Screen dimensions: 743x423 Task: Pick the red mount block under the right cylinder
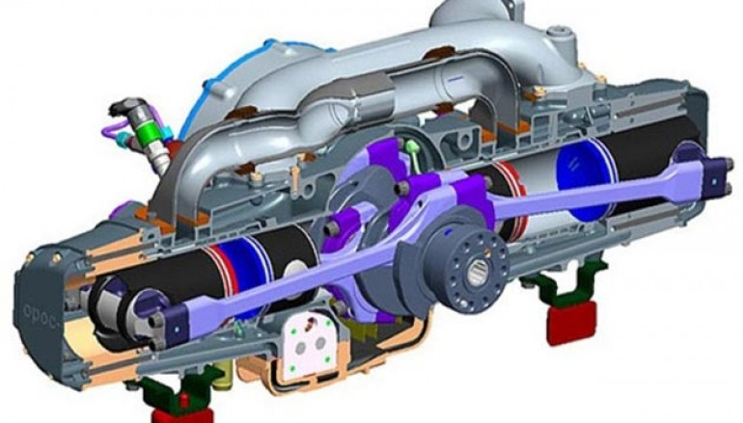pyautogui.click(x=570, y=323)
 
